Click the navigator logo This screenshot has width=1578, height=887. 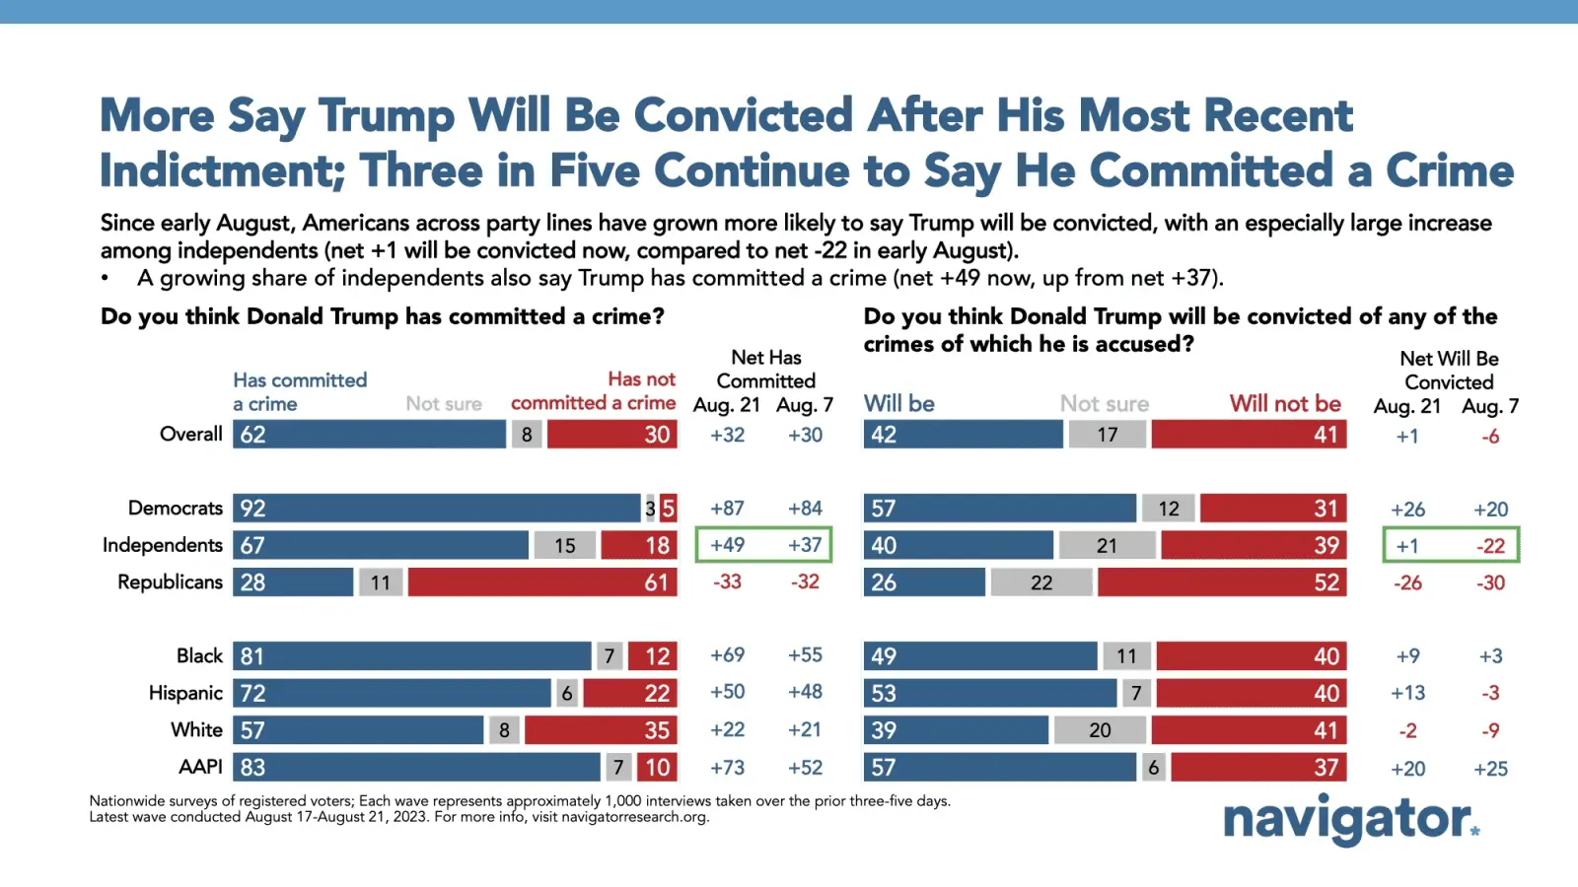point(1350,819)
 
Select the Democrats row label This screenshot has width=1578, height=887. point(176,509)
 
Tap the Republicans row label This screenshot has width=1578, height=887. point(170,582)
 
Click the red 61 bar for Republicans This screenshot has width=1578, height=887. point(542,582)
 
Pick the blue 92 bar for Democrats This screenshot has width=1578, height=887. point(437,509)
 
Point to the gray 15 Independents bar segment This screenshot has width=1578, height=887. point(564,546)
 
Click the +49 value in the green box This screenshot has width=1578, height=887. point(728,545)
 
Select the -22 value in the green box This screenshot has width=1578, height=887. point(1490,546)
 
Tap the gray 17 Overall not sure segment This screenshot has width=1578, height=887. point(1108,435)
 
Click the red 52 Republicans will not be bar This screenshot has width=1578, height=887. point(1222,582)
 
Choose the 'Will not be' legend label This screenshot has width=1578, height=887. point(1285,404)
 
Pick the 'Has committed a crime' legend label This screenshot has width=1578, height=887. point(300,391)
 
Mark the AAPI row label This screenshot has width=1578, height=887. point(200,767)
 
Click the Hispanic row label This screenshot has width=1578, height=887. point(185,693)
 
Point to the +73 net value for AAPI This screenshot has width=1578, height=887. point(728,768)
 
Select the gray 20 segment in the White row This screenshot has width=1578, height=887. point(1100,730)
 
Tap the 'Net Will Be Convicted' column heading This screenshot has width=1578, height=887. point(1449,371)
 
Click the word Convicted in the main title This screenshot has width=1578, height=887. point(743,115)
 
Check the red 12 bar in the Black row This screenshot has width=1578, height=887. point(652,656)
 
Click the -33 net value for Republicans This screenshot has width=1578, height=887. point(728,582)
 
